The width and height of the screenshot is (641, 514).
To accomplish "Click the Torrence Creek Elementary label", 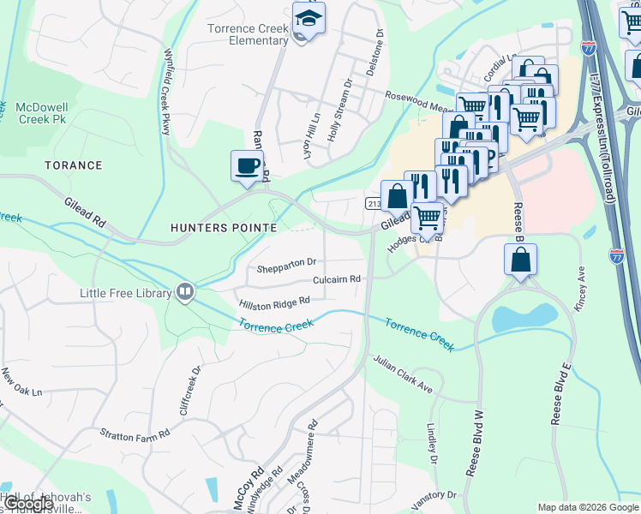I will [248, 34].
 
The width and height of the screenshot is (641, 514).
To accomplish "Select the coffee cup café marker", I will [247, 164].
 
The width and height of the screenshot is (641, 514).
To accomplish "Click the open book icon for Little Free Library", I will [184, 293].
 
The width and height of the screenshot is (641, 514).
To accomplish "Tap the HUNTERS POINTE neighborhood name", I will [223, 228].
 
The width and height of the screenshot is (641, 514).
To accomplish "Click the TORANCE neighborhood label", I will [74, 165].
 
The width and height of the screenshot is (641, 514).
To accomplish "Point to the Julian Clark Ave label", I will [402, 374].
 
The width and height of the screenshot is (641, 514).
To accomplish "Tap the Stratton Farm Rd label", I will [129, 436].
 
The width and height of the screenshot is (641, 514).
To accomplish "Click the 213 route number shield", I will [374, 203].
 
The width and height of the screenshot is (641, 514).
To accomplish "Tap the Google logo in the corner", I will [27, 505].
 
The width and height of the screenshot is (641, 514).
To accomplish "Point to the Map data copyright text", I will [587, 507].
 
